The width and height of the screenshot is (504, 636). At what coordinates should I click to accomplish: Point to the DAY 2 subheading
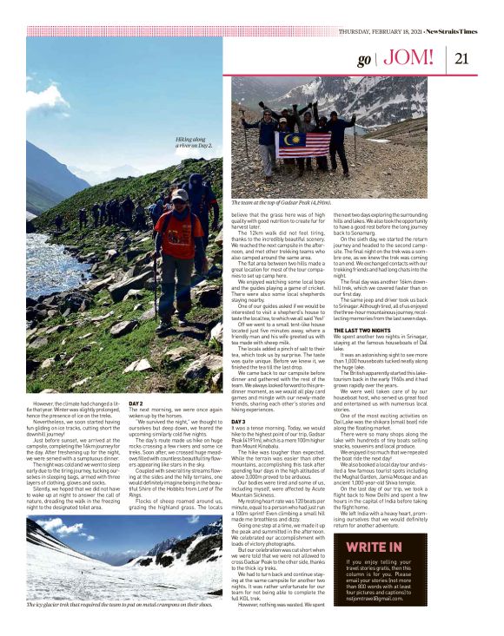[x=136, y=403]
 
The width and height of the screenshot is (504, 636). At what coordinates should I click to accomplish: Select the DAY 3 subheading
[x=238, y=421]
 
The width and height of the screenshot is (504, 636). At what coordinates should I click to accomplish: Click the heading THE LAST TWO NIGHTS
[x=364, y=331]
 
